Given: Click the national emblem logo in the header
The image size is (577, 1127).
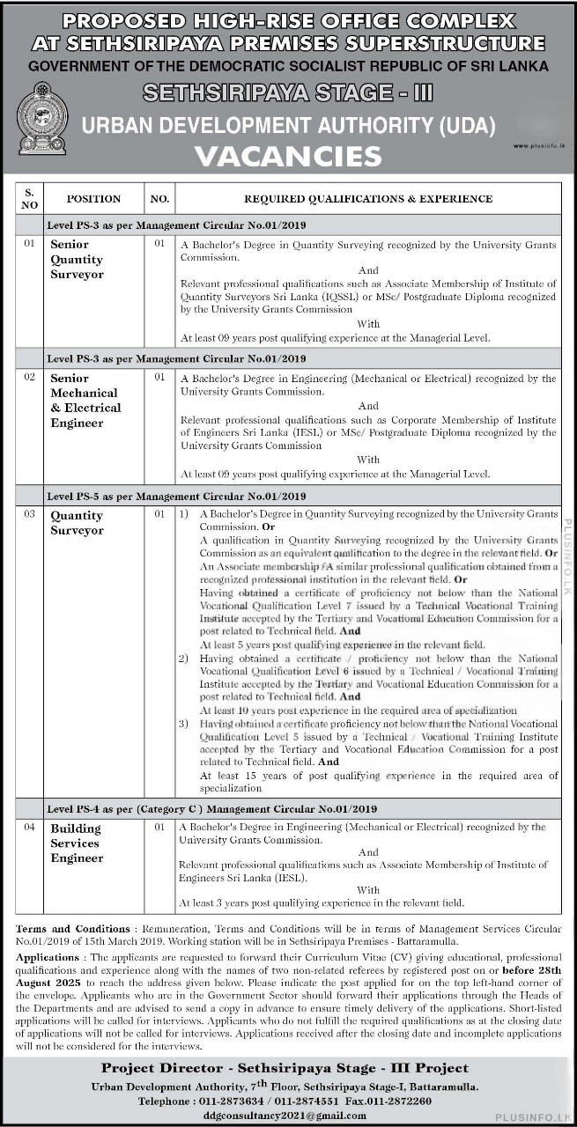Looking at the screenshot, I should (42, 118).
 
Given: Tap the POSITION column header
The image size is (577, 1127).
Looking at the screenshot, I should (93, 199).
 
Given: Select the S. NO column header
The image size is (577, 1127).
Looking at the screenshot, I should (29, 198).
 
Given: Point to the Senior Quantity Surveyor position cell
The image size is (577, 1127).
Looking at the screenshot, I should (77, 260).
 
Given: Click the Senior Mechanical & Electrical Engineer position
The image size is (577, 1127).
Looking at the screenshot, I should (85, 401).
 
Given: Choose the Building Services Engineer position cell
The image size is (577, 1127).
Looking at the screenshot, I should (77, 843).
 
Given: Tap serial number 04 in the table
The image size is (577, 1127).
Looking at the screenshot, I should (29, 828).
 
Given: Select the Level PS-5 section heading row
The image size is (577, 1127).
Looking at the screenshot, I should (176, 496).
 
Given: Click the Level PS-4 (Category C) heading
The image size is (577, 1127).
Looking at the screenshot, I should (211, 808).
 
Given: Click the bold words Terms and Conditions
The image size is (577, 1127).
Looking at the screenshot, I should (70, 929).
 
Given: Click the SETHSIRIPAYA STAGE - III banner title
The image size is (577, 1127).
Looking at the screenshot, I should (287, 93).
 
